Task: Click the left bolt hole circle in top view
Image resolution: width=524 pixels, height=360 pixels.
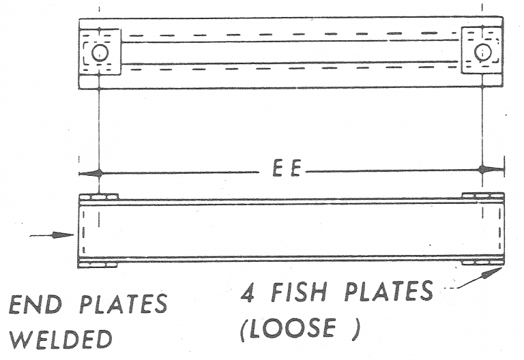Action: click(x=100, y=52)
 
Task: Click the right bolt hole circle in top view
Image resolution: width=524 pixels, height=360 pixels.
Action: click(x=483, y=52)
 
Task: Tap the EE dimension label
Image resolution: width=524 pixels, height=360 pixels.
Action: click(x=287, y=168)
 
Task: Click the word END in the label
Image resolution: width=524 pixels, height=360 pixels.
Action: click(x=35, y=305)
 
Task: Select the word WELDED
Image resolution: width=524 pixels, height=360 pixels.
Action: click(x=61, y=340)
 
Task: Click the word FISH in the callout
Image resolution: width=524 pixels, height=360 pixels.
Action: click(x=299, y=292)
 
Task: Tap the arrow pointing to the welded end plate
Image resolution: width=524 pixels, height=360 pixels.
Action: click(x=52, y=235)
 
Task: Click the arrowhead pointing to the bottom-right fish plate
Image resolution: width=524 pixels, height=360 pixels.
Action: click(x=491, y=273)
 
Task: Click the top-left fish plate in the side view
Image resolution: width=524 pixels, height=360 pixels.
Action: click(x=98, y=197)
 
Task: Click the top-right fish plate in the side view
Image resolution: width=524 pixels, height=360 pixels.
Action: click(x=483, y=196)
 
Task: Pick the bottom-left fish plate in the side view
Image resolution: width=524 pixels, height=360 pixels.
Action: click(x=98, y=265)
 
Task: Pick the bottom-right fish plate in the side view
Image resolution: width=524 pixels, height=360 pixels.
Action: click(x=482, y=262)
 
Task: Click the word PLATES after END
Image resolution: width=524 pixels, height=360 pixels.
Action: click(x=123, y=304)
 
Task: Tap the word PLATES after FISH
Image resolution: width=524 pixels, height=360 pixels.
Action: click(x=389, y=291)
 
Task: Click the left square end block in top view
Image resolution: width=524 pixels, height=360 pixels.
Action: click(x=100, y=52)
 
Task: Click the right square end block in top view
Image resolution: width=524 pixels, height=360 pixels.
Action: click(x=482, y=50)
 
